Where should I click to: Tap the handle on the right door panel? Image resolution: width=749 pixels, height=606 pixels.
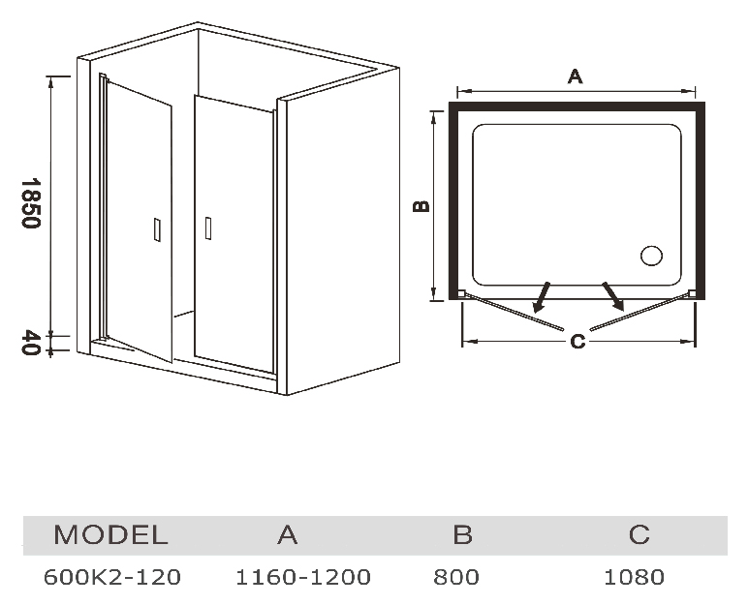(206, 228)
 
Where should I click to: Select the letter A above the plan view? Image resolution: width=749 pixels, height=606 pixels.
(575, 76)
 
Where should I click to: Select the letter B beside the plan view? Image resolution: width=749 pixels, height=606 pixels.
(421, 204)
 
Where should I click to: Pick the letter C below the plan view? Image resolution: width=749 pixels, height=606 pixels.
(577, 341)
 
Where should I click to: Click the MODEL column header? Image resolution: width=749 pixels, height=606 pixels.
(110, 534)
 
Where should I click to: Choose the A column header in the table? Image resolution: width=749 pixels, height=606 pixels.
(287, 534)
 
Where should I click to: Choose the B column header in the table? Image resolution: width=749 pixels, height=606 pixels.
(462, 534)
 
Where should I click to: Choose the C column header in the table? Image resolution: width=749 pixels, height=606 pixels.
(639, 534)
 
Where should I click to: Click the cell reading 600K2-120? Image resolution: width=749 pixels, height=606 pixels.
(112, 577)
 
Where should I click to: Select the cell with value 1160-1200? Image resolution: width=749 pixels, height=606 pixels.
(303, 577)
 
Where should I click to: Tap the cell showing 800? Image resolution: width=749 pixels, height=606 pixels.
(457, 577)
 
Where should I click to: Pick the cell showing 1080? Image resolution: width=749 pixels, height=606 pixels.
(635, 577)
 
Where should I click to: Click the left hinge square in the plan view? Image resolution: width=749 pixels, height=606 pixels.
(462, 294)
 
